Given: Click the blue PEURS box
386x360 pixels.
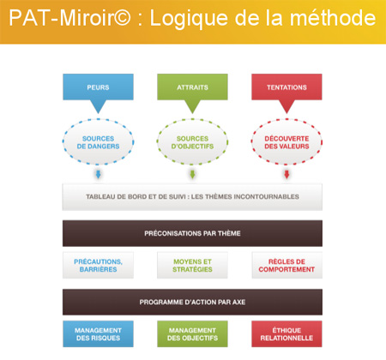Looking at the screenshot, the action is [98, 87].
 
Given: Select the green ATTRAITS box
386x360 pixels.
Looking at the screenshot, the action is [192, 87].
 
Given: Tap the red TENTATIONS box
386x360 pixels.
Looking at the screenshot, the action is [286, 87].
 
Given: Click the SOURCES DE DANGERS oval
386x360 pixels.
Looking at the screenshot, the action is [98, 142].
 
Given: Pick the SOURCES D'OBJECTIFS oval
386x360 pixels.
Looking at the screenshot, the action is [192, 142].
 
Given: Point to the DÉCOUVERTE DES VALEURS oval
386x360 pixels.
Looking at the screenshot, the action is [286, 142].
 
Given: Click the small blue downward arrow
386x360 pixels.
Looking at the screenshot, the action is [99, 174].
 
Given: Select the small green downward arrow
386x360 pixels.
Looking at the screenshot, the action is [192, 174].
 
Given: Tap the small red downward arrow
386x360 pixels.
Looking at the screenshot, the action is [286, 174].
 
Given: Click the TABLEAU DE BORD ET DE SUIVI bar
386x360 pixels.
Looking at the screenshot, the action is [192, 197].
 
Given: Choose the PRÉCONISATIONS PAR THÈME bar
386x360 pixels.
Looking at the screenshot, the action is [192, 233].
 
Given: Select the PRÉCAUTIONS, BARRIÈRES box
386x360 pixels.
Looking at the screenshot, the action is [98, 265].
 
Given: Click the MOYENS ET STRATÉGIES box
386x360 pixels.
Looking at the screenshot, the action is [192, 265].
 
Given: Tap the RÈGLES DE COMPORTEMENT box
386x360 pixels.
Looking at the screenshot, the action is [286, 265].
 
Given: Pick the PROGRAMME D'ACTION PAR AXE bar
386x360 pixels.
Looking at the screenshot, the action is [192, 302].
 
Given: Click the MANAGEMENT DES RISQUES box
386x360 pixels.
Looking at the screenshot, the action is [98, 334].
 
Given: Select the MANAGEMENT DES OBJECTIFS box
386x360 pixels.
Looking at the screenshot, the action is [192, 334].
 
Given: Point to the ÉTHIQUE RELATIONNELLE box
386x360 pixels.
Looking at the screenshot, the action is [286, 334].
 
